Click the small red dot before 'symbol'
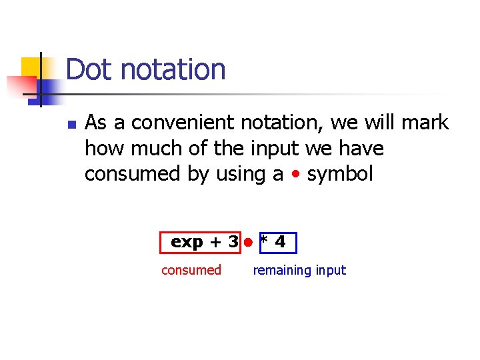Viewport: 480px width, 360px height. [x=295, y=175]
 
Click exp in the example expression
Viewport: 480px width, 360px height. [x=187, y=243]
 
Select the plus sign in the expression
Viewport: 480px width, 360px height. [x=215, y=243]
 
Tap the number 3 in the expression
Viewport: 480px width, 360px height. [x=233, y=243]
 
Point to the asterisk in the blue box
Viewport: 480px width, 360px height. [x=265, y=242]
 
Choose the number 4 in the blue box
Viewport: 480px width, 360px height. [x=280, y=243]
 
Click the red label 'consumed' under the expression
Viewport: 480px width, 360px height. [x=191, y=270]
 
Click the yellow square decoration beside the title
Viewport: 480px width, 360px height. [x=31, y=69]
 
